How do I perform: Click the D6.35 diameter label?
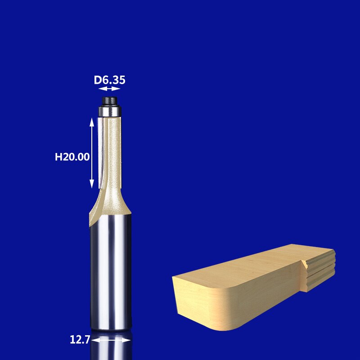(x=109, y=80)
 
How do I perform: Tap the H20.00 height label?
(x=72, y=157)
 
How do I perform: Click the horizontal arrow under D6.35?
(x=109, y=89)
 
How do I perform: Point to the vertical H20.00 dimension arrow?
(x=92, y=153)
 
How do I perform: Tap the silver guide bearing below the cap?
(x=110, y=109)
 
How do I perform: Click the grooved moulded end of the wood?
(x=319, y=270)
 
